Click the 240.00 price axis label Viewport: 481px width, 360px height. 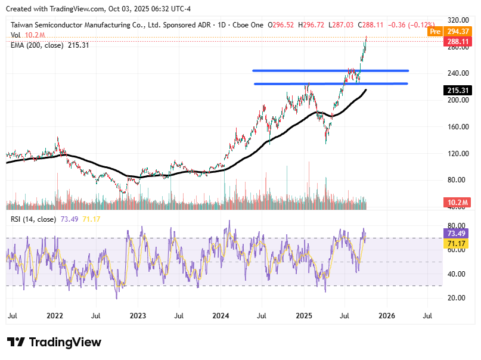pyautogui.click(x=457, y=73)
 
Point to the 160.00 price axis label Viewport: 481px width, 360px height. pyautogui.click(x=457, y=126)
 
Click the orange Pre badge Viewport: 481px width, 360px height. pyautogui.click(x=435, y=31)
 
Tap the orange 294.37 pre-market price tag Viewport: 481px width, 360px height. pyautogui.click(x=460, y=31)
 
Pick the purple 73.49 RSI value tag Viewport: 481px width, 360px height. pyautogui.click(x=458, y=233)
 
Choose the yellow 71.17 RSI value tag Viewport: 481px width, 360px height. pyautogui.click(x=458, y=243)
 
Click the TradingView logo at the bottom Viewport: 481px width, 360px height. pyautogui.click(x=54, y=342)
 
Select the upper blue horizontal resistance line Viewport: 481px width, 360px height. pyautogui.click(x=330, y=70)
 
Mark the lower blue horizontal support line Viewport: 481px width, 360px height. pyautogui.click(x=331, y=83)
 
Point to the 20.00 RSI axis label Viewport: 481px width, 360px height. pyautogui.click(x=457, y=297)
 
